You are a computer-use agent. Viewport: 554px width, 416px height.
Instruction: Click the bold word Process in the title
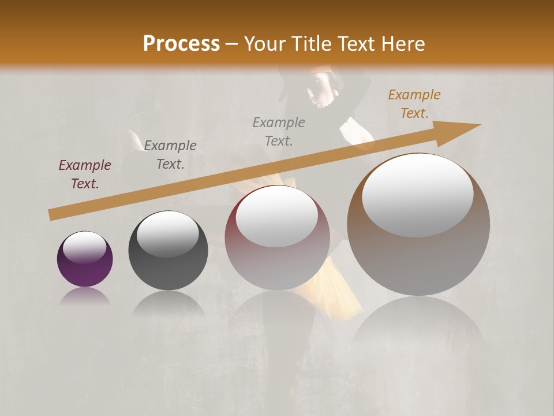[181, 43]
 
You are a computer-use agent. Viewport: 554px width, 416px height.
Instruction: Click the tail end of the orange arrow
[53, 214]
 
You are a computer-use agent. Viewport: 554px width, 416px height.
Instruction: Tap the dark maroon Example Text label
[85, 174]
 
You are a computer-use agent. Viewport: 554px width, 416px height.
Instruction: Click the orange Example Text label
[414, 104]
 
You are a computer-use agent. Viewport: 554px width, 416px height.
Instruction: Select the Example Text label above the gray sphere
[170, 155]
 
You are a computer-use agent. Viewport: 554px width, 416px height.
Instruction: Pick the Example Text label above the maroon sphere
[279, 131]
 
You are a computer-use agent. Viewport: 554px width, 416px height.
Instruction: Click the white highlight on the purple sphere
[85, 247]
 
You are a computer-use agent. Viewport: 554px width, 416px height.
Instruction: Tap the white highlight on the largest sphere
[417, 195]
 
